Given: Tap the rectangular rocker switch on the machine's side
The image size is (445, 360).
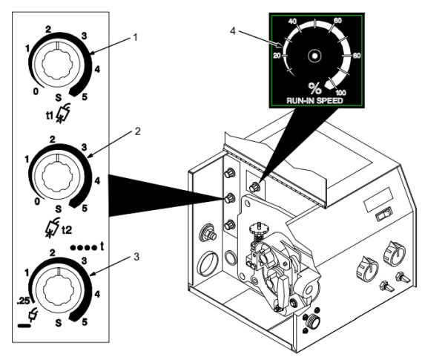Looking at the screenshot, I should point(382,215).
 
